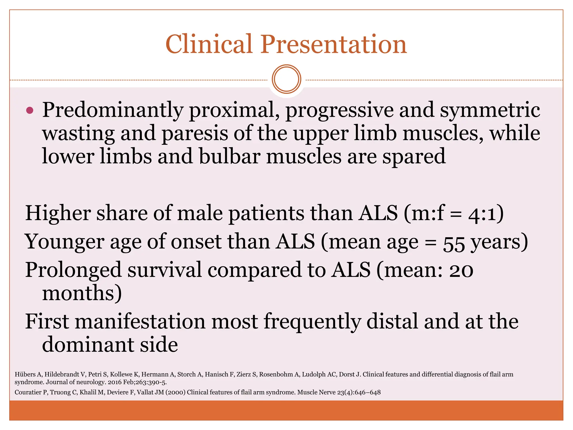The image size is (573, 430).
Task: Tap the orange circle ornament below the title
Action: [286, 79]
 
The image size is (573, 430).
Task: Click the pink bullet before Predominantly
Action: [30, 110]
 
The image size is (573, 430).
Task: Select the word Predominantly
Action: [112, 110]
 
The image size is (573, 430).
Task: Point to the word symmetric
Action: [490, 110]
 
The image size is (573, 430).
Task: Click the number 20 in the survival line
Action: [461, 270]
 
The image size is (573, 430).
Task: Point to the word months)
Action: [82, 293]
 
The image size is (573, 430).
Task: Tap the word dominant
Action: [88, 345]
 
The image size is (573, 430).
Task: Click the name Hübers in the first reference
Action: [25, 374]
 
